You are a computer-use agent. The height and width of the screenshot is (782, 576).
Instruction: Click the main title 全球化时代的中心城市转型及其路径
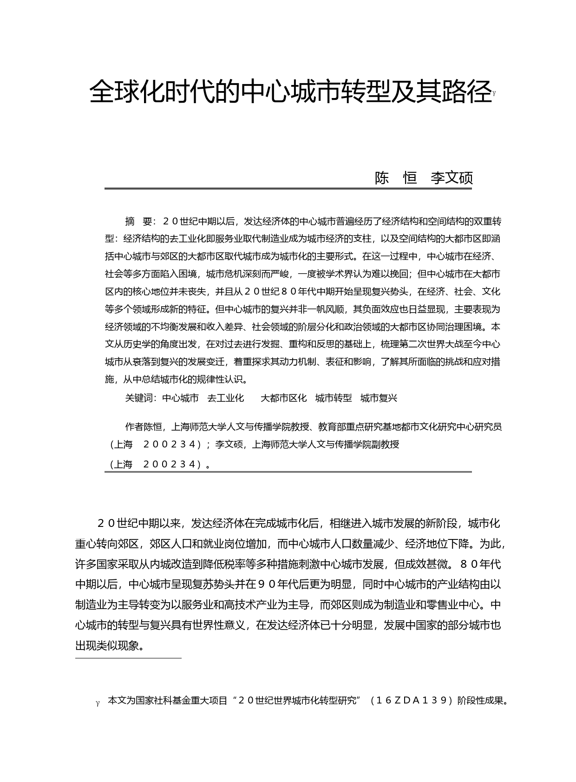tap(290, 92)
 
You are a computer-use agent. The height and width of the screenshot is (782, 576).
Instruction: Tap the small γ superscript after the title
tap(494, 93)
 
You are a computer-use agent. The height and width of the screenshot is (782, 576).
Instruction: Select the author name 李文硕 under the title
tap(452, 177)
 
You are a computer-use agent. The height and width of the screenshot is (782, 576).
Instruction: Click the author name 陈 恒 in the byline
tap(396, 177)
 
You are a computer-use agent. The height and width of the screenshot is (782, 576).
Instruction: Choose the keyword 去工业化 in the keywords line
tap(225, 398)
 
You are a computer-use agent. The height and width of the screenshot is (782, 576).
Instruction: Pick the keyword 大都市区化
tap(283, 398)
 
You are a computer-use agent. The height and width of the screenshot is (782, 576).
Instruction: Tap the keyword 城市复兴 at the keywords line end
tap(379, 398)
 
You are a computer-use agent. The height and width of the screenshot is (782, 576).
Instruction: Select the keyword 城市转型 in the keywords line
tap(334, 398)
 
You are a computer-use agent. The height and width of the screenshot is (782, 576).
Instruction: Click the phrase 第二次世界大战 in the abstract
tap(427, 344)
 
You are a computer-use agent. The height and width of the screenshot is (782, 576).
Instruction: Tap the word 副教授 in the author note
tap(385, 444)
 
